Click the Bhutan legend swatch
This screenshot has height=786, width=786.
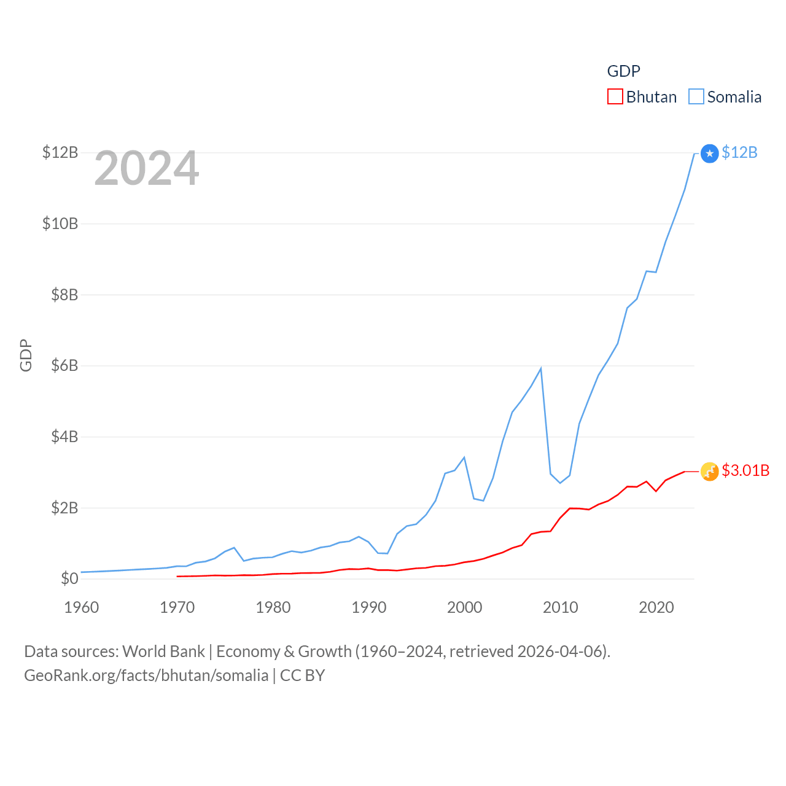615,97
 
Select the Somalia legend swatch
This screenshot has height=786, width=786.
696,97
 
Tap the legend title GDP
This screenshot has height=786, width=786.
623,71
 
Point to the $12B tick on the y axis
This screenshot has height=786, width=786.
60,152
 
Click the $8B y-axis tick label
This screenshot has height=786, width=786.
60,295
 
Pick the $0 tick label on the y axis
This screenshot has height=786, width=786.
69,578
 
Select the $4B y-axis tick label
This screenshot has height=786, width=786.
60,437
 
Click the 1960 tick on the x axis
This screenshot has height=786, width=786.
81,607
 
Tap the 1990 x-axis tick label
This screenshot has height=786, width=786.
368,607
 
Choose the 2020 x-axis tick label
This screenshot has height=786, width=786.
656,607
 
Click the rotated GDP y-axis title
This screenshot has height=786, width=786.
26,355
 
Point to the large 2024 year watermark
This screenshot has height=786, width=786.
146,168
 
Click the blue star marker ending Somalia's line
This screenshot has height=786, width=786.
709,153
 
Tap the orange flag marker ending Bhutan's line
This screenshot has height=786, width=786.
709,471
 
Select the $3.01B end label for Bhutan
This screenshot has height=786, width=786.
745,470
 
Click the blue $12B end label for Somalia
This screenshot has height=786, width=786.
739,152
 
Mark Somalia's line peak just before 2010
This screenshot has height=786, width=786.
540,368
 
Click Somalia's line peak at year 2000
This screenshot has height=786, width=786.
464,457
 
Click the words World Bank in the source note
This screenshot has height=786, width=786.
163,652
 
